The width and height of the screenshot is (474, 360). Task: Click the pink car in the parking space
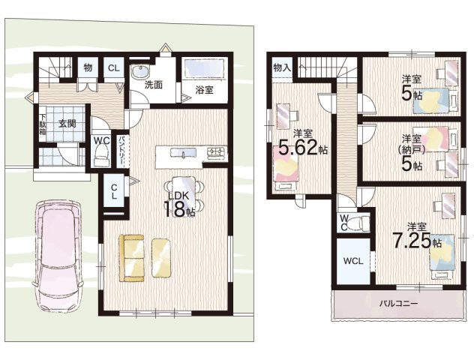pyautogui.click(x=58, y=256)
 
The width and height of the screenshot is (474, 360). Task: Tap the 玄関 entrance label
pyautogui.click(x=67, y=124)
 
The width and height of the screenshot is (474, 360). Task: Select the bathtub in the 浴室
pyautogui.click(x=204, y=69)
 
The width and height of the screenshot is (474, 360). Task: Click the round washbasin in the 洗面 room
pyautogui.click(x=140, y=72)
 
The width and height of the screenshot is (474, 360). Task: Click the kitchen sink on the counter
pyautogui.click(x=184, y=153)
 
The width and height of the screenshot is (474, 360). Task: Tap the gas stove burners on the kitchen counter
pyautogui.click(x=216, y=151)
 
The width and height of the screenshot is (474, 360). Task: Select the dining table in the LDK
pyautogui.click(x=184, y=193)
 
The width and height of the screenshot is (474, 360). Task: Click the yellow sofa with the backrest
pyautogui.click(x=132, y=258)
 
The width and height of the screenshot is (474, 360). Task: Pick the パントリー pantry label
pyautogui.click(x=121, y=151)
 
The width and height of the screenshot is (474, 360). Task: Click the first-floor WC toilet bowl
pyautogui.click(x=101, y=154)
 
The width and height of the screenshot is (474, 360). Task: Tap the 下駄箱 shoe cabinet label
pyautogui.click(x=41, y=124)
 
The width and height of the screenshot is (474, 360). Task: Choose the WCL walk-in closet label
pyautogui.click(x=353, y=261)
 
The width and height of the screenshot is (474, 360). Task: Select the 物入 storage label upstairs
pyautogui.click(x=282, y=67)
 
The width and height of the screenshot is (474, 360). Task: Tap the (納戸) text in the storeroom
pyautogui.click(x=411, y=149)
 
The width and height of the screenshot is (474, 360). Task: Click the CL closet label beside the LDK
pyautogui.click(x=114, y=191)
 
